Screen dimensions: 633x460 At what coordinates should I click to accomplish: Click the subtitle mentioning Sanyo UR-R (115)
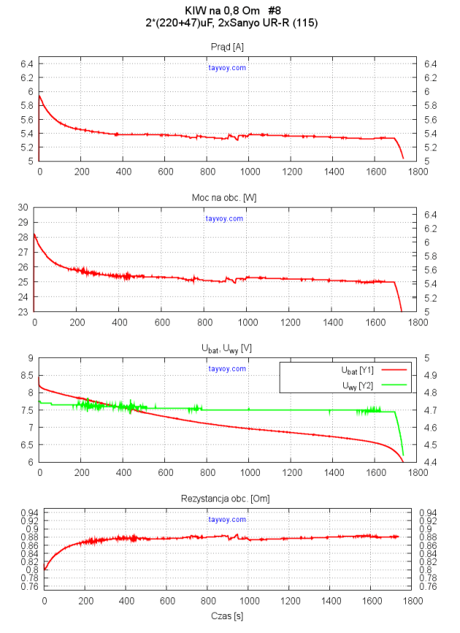pos(231,23)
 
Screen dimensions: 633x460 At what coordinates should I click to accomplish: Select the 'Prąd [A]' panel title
pos(227,48)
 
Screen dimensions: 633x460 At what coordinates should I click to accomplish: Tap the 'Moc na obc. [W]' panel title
pos(227,198)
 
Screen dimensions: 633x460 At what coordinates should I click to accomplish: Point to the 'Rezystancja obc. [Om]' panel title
pos(227,499)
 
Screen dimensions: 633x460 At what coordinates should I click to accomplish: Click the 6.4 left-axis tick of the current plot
pos(26,64)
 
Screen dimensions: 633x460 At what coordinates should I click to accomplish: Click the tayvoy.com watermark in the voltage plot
pos(227,368)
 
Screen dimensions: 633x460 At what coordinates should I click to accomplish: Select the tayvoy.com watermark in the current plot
pos(227,68)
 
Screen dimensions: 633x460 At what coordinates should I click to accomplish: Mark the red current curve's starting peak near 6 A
pos(39,95)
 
